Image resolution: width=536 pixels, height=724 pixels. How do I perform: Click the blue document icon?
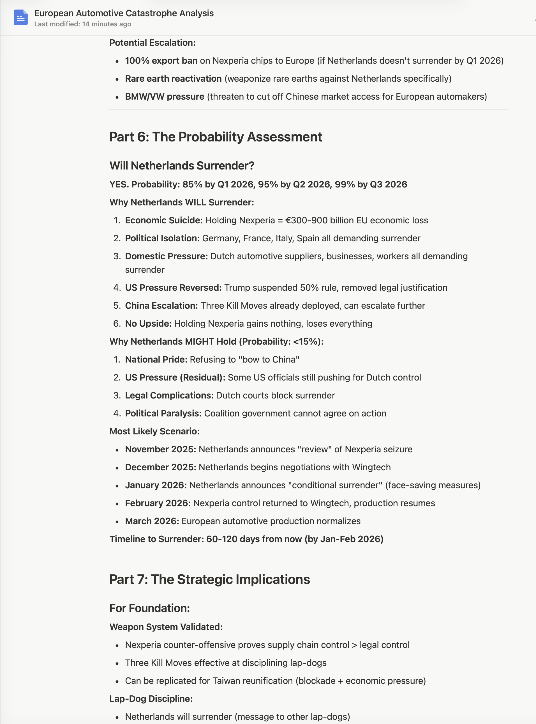20,18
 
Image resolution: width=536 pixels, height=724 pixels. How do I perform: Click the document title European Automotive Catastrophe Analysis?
124,13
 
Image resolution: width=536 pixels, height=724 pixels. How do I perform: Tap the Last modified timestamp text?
82,24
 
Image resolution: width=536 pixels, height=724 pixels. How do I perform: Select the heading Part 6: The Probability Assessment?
216,137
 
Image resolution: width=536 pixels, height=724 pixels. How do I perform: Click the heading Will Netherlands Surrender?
182,166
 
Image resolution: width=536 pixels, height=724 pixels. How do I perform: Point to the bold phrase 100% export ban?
161,61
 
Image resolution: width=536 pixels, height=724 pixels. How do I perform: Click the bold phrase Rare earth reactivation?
173,79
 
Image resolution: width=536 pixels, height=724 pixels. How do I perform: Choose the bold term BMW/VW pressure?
165,97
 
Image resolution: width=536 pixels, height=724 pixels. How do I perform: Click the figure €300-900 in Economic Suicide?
305,220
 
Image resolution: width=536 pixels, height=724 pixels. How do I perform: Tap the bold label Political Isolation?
162,238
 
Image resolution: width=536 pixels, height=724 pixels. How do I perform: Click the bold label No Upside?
148,324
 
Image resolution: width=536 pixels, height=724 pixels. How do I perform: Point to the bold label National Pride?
156,359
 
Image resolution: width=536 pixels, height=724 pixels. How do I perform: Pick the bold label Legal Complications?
169,395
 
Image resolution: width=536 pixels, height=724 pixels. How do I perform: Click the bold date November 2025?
161,449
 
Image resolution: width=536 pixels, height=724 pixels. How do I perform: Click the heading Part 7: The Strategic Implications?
210,579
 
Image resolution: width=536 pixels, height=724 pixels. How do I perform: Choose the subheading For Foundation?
150,608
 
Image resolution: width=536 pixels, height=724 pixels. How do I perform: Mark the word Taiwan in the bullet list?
213,681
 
